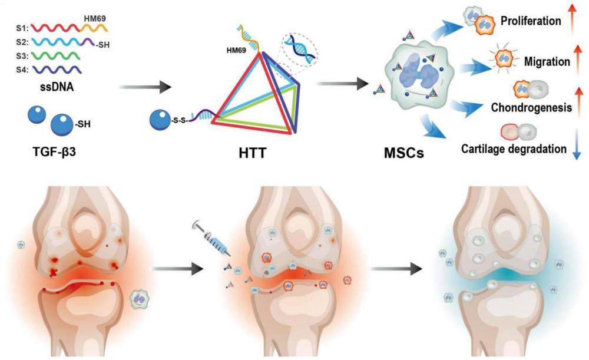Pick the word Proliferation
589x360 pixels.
tap(530, 22)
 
